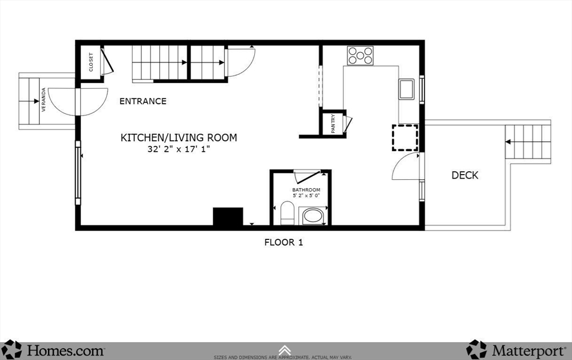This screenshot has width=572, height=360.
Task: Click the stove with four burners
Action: [x=361, y=55]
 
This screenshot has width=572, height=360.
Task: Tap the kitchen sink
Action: [x=406, y=89]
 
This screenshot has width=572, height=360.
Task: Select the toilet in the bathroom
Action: [x=287, y=214]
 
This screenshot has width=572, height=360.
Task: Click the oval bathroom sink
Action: [x=313, y=215]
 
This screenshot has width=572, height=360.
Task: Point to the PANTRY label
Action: [x=333, y=123]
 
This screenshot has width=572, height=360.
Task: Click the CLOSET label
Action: [x=91, y=62]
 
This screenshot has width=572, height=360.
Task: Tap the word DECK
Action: [x=465, y=175]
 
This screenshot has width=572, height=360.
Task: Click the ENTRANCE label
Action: [x=143, y=101]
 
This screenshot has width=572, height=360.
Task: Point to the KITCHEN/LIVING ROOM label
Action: [x=179, y=137]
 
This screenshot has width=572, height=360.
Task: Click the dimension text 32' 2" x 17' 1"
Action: [x=179, y=149]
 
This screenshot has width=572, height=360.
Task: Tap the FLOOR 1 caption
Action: [x=283, y=242]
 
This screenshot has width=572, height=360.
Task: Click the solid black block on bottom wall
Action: [x=228, y=217]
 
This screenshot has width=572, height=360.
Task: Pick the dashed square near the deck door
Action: [x=405, y=138]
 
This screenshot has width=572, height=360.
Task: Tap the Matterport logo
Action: [x=517, y=350]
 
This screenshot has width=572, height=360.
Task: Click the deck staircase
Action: [x=528, y=142]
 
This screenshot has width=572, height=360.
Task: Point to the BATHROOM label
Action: [x=307, y=190]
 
